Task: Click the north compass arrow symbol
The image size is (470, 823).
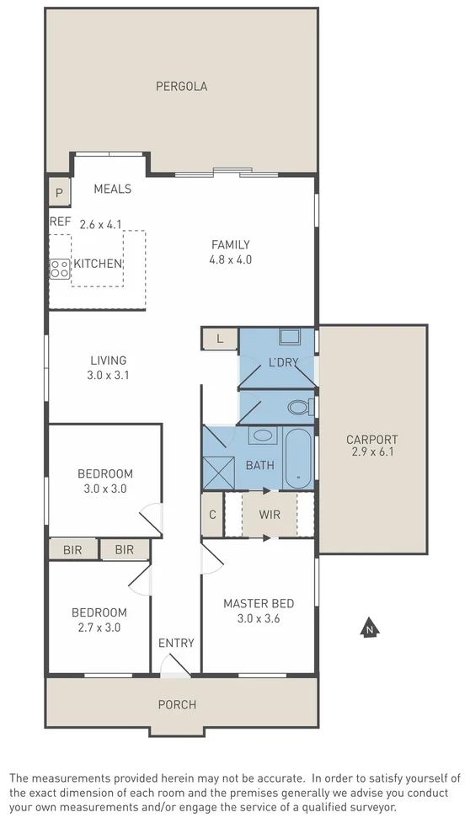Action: click(368, 628)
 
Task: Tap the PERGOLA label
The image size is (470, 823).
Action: click(181, 86)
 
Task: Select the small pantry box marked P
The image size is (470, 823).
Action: click(59, 192)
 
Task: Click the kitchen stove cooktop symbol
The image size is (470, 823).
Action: click(60, 269)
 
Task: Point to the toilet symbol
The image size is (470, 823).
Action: click(298, 408)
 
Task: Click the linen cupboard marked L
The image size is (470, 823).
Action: click(220, 339)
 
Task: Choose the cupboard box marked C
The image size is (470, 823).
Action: click(212, 515)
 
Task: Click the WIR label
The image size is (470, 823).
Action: click(270, 515)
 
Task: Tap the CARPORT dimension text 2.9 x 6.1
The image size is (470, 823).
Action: click(371, 452)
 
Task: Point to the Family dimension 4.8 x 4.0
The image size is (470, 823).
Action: click(231, 259)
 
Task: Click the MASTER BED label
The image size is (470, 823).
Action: click(258, 603)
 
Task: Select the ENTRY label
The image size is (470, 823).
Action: click(176, 644)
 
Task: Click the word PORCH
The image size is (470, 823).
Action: click(177, 705)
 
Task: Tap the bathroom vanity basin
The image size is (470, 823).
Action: click(263, 436)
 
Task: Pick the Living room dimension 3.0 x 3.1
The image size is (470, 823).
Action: click(109, 376)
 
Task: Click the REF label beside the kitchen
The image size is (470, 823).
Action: click(60, 222)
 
